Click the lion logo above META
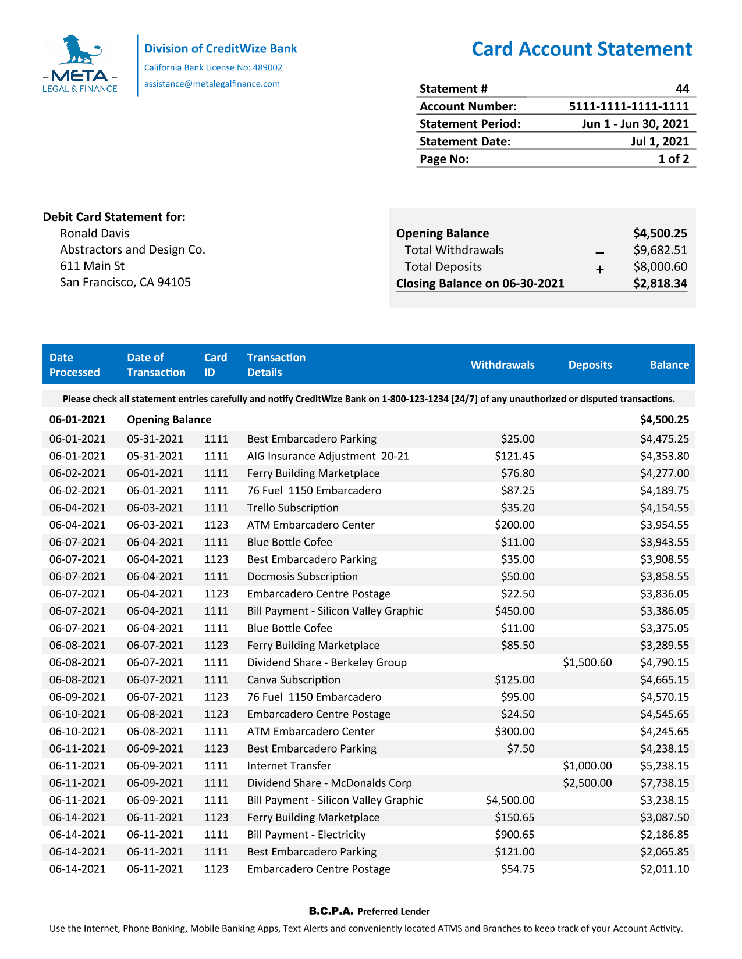(80, 50)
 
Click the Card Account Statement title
(581, 49)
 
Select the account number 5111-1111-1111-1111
(629, 106)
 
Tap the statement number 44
(682, 89)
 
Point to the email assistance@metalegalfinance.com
(212, 84)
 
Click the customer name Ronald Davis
(95, 233)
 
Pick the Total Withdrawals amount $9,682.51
(660, 250)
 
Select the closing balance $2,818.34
(660, 284)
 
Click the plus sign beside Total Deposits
(599, 269)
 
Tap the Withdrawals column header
(502, 365)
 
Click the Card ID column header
(215, 365)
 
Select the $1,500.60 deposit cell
(587, 662)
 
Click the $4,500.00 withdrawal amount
(510, 800)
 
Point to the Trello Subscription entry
(293, 508)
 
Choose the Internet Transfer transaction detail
(289, 766)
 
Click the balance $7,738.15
(664, 783)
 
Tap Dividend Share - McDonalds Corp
(329, 783)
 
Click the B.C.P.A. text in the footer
(331, 911)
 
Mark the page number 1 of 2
(673, 159)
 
